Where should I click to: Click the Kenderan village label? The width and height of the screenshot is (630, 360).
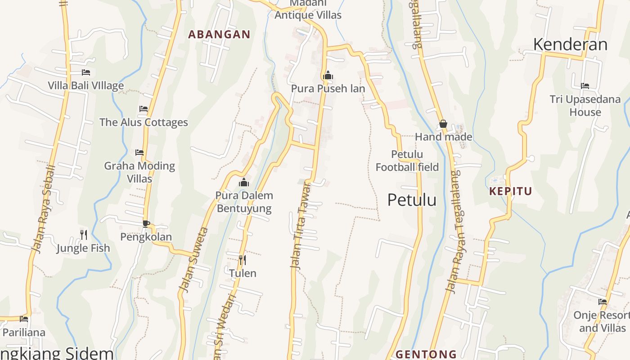570,44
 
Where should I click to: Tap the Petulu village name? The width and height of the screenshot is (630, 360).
412,200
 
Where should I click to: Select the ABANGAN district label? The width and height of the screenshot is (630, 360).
219,35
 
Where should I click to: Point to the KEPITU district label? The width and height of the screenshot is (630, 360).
510,191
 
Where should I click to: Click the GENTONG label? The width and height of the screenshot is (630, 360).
426,354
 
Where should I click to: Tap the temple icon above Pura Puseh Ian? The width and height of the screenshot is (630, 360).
328,75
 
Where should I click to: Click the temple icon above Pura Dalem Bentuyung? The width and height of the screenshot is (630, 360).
244,182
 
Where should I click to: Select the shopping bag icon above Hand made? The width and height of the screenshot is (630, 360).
443,124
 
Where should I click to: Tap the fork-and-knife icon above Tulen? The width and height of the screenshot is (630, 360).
242,260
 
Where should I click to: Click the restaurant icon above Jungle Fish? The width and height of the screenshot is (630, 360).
84,234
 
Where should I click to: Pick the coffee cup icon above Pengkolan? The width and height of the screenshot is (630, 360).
146,224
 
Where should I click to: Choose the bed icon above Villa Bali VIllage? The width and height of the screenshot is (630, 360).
86,72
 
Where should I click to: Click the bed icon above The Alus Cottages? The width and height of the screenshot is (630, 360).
144,109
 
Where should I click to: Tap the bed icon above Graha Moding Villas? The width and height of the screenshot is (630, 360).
139,153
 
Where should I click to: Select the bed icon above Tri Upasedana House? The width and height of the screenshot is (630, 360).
585,85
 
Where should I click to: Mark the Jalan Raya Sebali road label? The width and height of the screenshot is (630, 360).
44,208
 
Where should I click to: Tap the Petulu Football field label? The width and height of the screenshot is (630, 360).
407,161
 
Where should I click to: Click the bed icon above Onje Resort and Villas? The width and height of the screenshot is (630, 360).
603,302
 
